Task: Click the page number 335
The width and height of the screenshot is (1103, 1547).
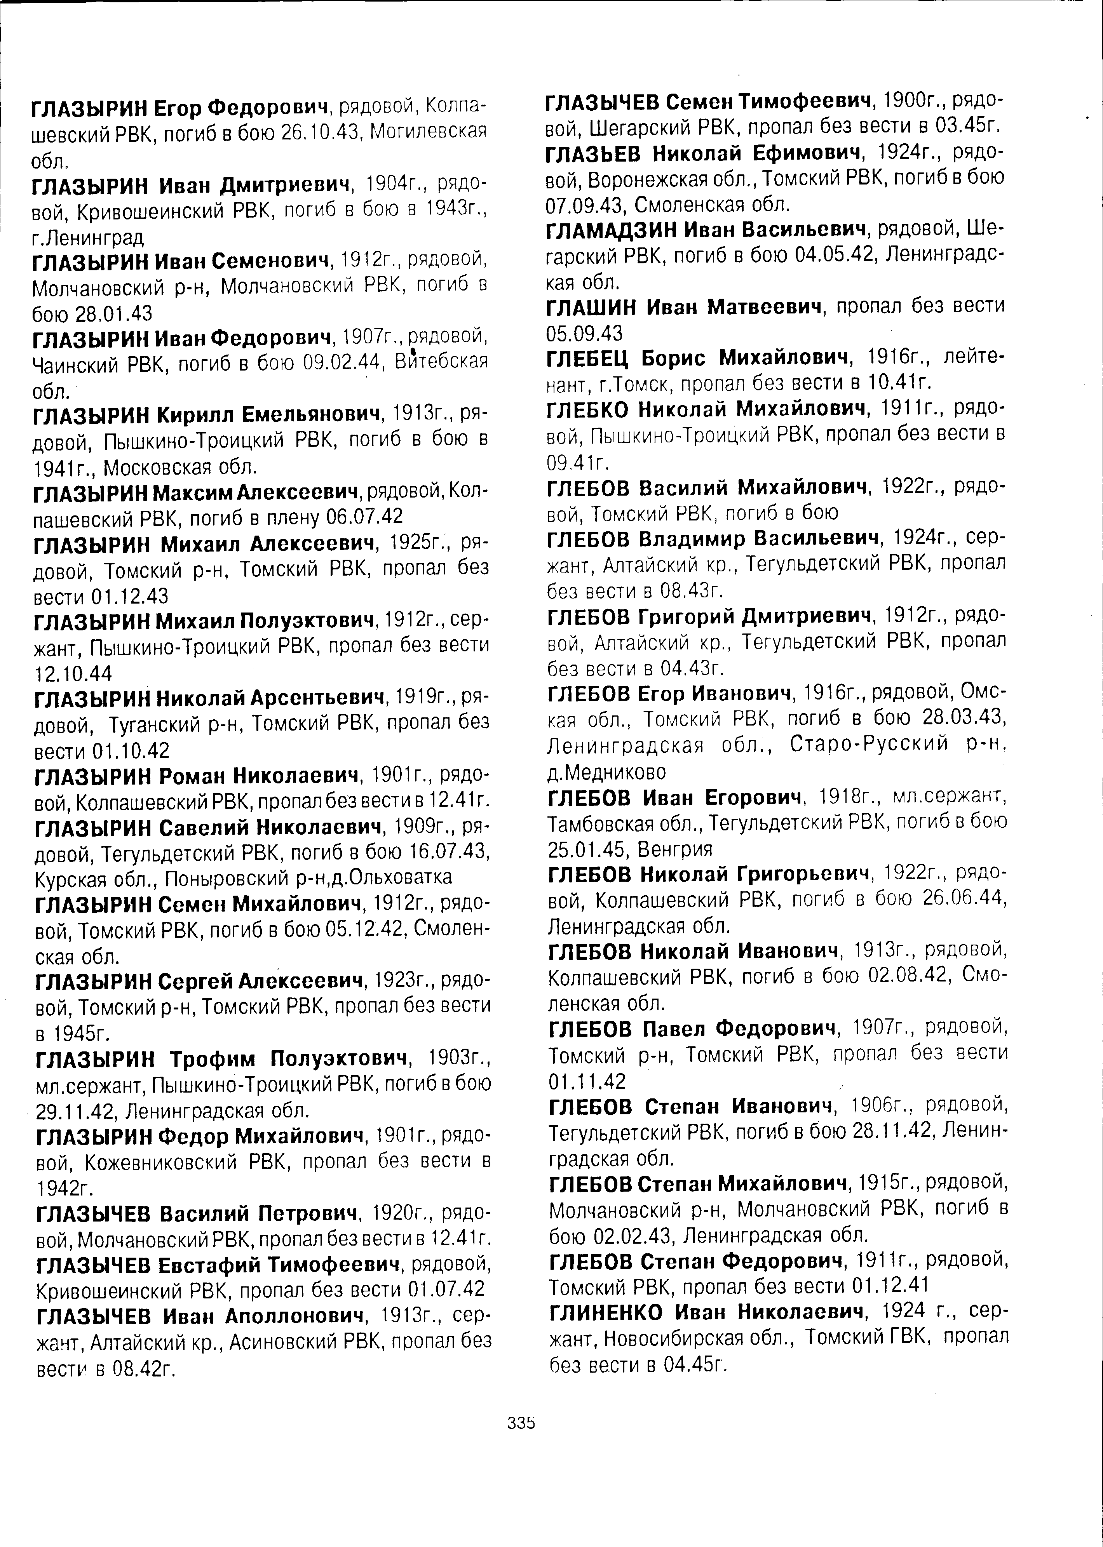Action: pyautogui.click(x=522, y=1423)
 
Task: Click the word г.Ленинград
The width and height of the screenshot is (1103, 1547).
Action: pyautogui.click(x=88, y=238)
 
